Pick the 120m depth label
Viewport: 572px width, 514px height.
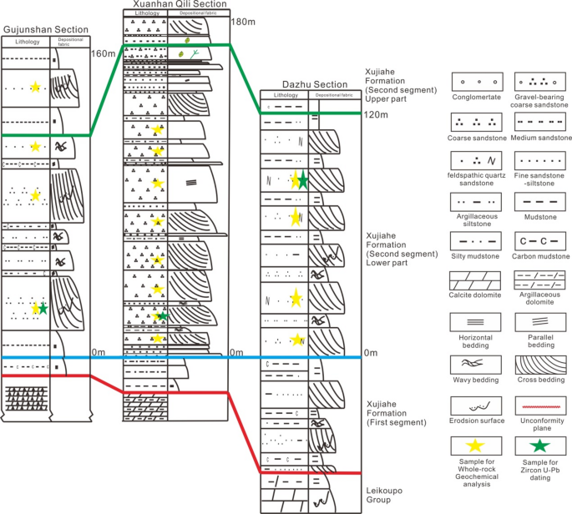[x=377, y=114]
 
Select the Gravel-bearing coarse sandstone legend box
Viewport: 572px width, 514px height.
[x=539, y=83]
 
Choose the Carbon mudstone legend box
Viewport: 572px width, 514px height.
[x=539, y=242]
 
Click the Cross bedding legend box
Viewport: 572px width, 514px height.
[x=539, y=364]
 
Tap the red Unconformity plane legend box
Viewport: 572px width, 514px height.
[x=539, y=406]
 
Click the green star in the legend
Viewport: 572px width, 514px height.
[x=539, y=446]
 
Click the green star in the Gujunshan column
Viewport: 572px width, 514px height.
[x=43, y=308]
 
